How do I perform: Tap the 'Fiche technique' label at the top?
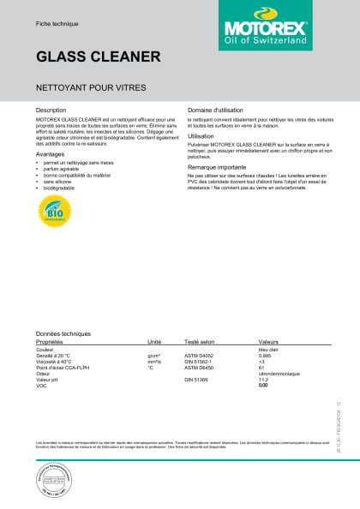pyautogui.click(x=54, y=11)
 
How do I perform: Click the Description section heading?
pyautogui.click(x=51, y=111)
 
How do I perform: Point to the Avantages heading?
pyautogui.click(x=50, y=154)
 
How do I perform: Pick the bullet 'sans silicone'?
pyautogui.click(x=57, y=182)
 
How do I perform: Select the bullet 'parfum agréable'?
pyautogui.click(x=62, y=168)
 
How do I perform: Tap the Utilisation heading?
pyautogui.click(x=201, y=135)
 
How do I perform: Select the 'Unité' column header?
pyautogui.click(x=154, y=340)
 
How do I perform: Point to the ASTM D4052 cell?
pyautogui.click(x=199, y=354)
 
